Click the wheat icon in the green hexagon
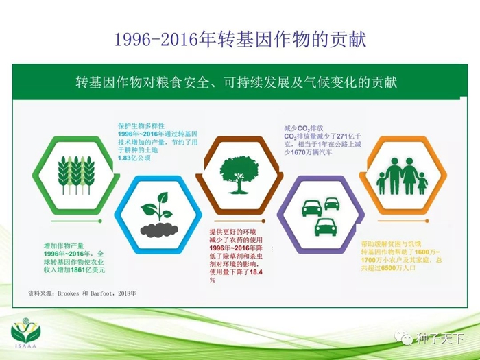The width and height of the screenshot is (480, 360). click(x=76, y=175)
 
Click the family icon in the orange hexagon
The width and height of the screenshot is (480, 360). click(x=403, y=176)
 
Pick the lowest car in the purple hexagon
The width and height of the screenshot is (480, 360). click(x=326, y=227)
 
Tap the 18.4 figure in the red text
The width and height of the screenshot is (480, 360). click(x=256, y=272)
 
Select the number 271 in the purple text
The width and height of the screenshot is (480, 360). click(x=342, y=136)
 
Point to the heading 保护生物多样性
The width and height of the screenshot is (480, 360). click(x=141, y=125)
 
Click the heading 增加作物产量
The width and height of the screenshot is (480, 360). click(x=64, y=245)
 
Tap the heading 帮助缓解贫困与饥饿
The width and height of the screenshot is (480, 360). click(x=391, y=244)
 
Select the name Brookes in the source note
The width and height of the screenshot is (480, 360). click(x=69, y=293)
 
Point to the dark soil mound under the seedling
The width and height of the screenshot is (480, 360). click(x=159, y=230)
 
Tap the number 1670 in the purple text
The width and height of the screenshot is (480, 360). click(x=298, y=152)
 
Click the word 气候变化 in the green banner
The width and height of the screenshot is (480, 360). click(x=331, y=83)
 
